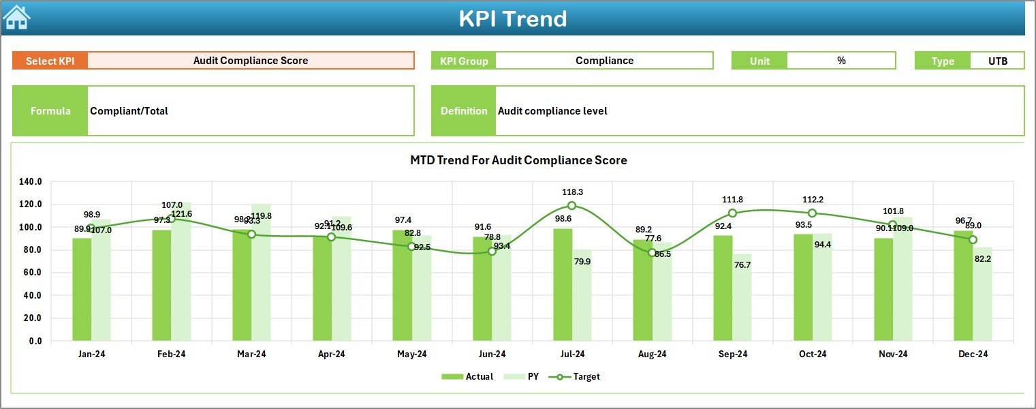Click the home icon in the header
coord(16,18)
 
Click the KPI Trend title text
coord(512,18)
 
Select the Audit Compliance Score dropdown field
coord(251,61)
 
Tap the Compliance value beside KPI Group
coord(604,61)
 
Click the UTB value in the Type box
coord(998,61)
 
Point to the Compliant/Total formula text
coord(129,111)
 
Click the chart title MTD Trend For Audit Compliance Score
coord(518,160)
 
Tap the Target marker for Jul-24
coord(571,206)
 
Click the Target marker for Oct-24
coord(812,213)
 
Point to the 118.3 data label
coord(572,193)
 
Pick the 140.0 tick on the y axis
coord(30,182)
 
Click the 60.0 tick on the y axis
coord(32,273)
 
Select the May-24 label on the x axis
coord(411,354)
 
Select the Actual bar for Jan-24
coord(82,289)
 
